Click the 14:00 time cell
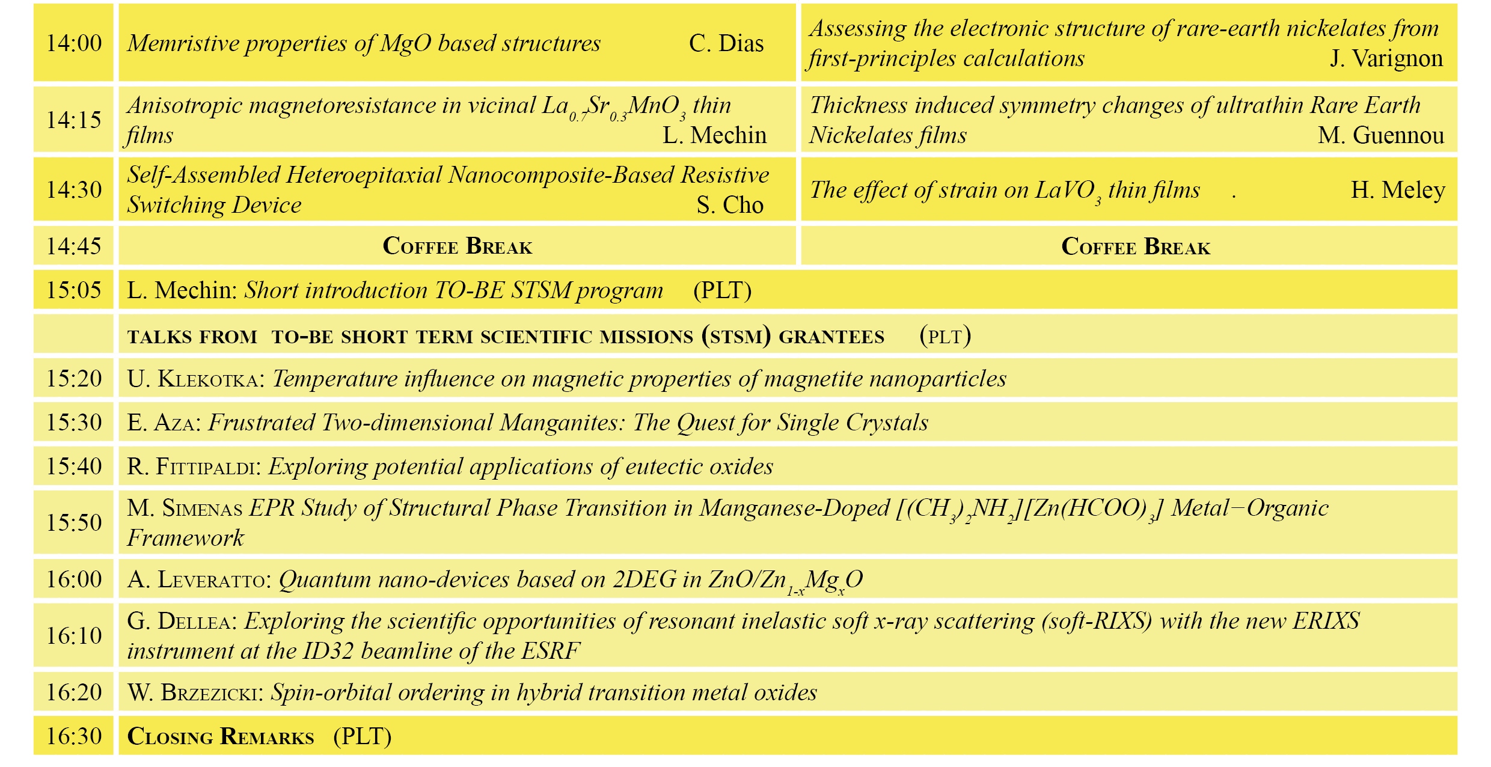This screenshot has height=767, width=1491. pos(74,43)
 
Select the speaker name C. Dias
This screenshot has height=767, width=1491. pos(726,43)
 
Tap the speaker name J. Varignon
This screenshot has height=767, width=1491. pos(1386,59)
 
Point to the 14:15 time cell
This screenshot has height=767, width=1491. pos(74,120)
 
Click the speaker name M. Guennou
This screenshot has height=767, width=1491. pos(1381,135)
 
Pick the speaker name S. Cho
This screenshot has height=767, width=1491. pos(730,206)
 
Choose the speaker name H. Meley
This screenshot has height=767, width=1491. pos(1398,190)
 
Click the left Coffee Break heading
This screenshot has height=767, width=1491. pos(458,246)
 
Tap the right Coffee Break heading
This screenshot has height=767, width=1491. pos(1136,246)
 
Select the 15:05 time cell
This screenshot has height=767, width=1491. pos(74,290)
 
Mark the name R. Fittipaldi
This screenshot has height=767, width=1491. pos(192,466)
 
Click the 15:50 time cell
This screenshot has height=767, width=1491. pos(74,522)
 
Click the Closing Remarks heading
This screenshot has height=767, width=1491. pos(221,736)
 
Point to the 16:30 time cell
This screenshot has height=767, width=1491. pos(74,736)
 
